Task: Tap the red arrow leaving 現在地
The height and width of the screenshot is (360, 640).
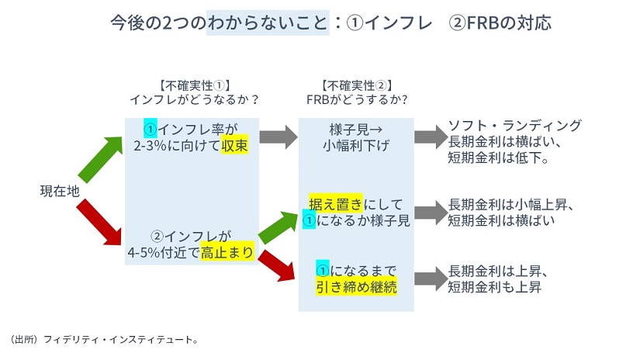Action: click(102, 220)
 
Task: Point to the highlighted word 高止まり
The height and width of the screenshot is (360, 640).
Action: click(227, 252)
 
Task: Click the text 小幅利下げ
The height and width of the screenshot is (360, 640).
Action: click(356, 145)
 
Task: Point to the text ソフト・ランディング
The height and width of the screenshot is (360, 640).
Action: click(515, 126)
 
